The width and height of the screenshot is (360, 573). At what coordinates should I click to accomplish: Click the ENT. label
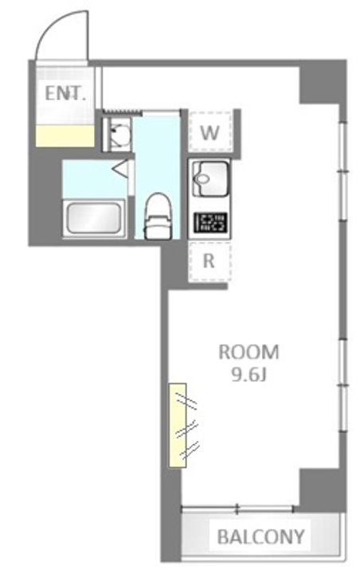65,94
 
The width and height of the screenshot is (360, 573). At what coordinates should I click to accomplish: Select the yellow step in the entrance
65,136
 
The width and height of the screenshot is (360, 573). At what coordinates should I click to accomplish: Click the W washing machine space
210,131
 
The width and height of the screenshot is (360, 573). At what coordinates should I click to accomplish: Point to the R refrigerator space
209,261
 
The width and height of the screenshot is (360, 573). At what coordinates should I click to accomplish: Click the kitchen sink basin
210,180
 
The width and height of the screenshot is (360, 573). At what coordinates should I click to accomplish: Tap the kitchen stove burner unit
210,223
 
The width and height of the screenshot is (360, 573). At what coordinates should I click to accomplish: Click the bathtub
94,218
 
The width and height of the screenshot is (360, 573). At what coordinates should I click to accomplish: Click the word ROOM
248,353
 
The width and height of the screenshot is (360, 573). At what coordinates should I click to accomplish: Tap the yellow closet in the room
177,425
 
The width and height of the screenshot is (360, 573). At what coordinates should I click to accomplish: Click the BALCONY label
261,536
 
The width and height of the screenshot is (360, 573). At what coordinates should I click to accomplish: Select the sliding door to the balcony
237,509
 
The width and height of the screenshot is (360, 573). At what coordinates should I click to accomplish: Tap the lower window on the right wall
342,386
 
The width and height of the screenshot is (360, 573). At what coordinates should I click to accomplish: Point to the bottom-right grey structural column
322,490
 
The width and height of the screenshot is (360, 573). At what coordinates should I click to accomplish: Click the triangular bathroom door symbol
120,169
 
